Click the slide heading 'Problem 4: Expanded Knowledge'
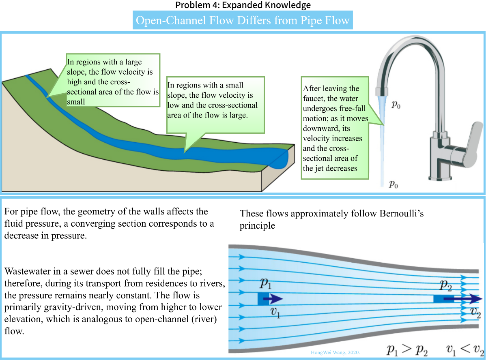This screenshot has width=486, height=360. tap(243, 5)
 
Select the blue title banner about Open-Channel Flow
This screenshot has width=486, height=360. tap(243, 20)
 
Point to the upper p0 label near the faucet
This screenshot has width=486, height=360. tap(396, 105)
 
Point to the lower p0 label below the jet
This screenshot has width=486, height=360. tap(393, 184)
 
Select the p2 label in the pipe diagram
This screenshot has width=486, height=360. tap(446, 285)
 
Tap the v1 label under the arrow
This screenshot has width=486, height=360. tap(275, 313)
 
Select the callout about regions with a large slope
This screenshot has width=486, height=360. tap(112, 80)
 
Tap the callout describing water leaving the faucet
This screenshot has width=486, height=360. tap(335, 128)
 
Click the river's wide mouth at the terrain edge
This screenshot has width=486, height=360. tap(280, 158)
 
